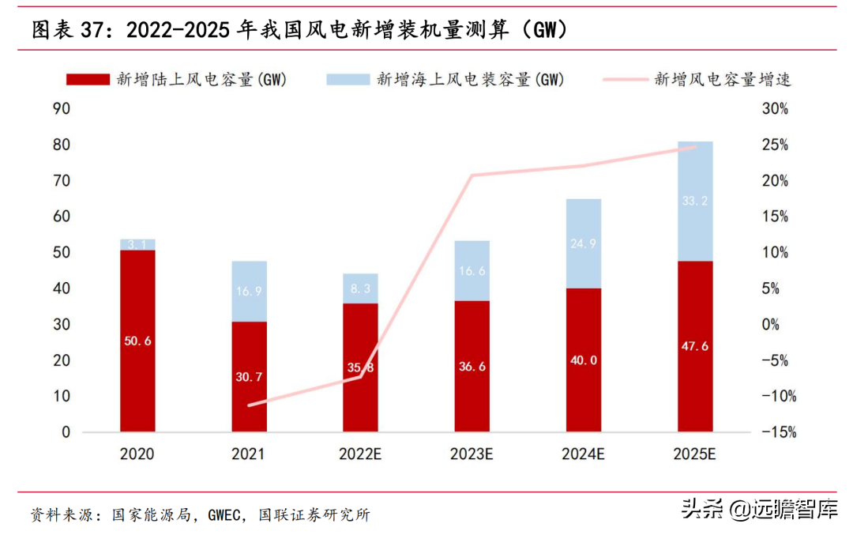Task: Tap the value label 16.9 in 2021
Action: point(249,291)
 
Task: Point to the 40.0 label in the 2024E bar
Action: point(584,360)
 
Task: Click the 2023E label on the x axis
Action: point(472,454)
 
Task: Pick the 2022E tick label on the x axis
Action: point(360,454)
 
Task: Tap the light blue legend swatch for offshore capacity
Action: point(347,79)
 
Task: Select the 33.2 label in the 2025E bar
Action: point(695,202)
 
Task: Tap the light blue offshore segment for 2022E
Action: point(360,288)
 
